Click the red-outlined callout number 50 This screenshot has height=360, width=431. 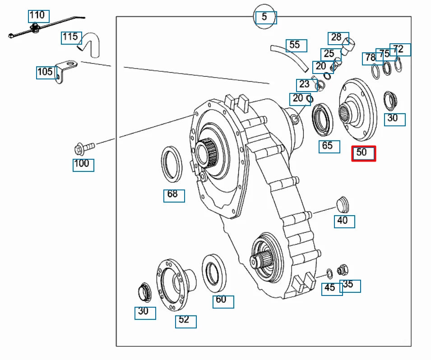pos(363,153)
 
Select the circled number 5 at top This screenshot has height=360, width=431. pos(264,18)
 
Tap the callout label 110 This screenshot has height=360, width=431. pos(38,16)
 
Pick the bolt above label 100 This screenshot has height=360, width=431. pos(84,148)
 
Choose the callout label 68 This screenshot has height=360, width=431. pos(174,195)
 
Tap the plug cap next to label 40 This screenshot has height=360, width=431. pos(343,203)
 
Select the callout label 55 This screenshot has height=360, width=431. pos(296,45)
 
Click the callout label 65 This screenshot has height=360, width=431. pos(329,146)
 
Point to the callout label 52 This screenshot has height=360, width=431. pos(185,321)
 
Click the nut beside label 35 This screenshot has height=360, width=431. pos(343,270)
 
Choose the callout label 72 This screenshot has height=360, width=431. pos(400,49)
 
